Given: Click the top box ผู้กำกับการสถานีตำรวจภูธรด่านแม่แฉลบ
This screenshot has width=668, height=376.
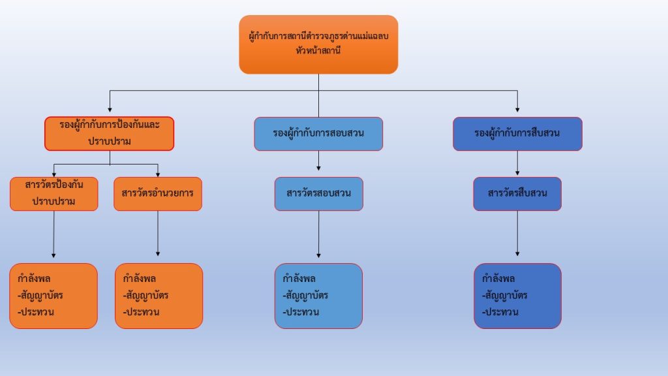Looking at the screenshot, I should (x=318, y=44).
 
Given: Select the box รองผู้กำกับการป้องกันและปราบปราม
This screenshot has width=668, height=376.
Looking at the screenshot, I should (x=110, y=133).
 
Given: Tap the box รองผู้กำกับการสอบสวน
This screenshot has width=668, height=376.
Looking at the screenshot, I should (x=318, y=134).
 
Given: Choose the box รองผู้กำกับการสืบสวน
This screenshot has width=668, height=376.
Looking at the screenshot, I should (x=517, y=134).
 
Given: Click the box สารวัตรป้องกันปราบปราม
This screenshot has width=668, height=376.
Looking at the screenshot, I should (x=54, y=194).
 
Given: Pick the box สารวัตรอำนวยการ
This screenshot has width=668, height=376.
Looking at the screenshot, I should (x=158, y=194).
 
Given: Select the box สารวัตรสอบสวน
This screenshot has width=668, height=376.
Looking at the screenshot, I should (x=318, y=194).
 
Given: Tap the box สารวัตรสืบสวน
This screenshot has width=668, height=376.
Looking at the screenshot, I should (x=517, y=194).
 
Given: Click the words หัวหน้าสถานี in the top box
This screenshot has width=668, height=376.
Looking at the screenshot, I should (x=318, y=51).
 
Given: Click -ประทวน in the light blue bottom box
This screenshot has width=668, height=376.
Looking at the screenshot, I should (x=301, y=312).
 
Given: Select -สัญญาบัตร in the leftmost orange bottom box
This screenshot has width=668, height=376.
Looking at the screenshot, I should (x=40, y=295).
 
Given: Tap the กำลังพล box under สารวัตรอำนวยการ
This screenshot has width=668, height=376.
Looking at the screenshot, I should (x=159, y=296).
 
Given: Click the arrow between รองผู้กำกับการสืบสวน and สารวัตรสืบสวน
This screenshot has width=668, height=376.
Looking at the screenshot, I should (x=518, y=163).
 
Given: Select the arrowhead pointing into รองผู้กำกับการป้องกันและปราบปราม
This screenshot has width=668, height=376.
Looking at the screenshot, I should (x=110, y=108).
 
